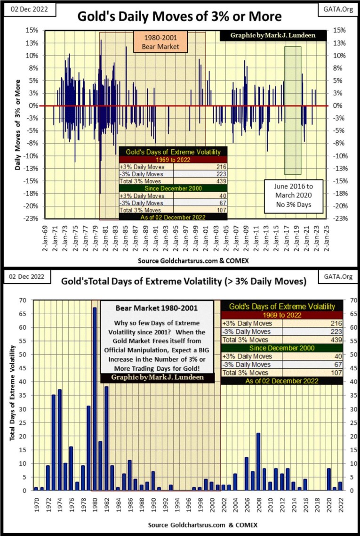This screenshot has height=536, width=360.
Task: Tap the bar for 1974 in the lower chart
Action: pyautogui.click(x=60, y=440)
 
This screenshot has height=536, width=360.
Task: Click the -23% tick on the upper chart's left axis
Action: pyautogui.click(x=33, y=218)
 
